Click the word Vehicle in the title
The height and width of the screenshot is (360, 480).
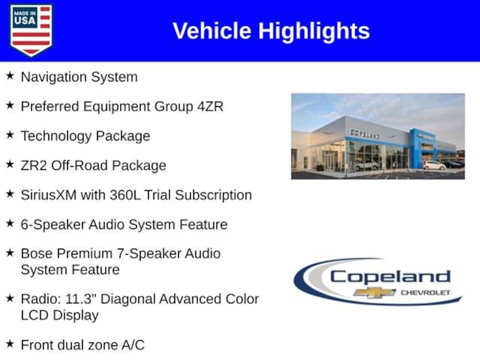tap(212, 30)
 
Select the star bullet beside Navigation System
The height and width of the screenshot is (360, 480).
tap(10, 75)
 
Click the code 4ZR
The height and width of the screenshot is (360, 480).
tap(210, 106)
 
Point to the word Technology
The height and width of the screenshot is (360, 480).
tap(56, 136)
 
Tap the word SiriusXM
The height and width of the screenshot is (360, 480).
tap(49, 195)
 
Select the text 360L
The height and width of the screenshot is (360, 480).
tap(125, 195)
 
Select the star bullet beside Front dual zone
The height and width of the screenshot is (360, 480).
tap(10, 344)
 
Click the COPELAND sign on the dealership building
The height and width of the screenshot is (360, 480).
tap(365, 134)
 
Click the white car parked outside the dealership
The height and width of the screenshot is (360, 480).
tap(434, 165)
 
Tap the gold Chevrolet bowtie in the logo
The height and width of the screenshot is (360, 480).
tap(375, 292)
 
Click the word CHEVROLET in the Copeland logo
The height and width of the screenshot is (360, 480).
tap(426, 292)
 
